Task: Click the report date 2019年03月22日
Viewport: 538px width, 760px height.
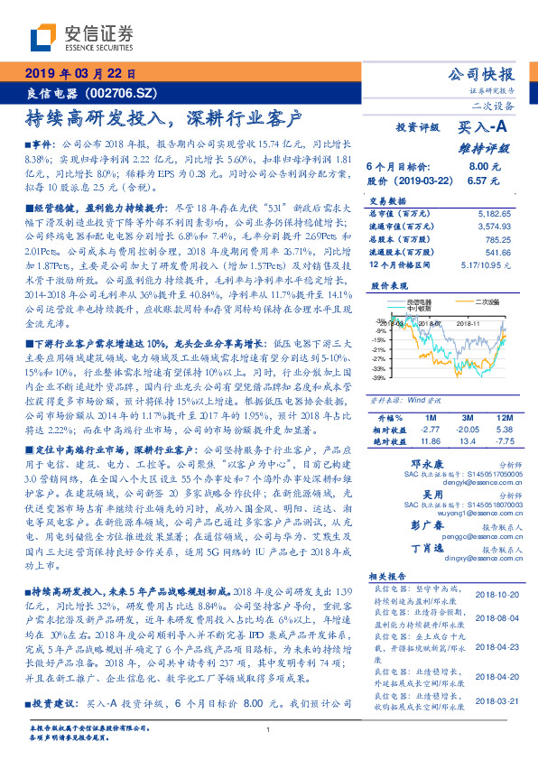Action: (x=80, y=74)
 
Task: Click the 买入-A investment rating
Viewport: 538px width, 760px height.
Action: (x=484, y=128)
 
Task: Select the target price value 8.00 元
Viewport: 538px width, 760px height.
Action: (x=478, y=166)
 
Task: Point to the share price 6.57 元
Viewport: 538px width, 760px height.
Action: (x=478, y=180)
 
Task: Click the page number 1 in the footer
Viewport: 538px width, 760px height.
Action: (x=269, y=728)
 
